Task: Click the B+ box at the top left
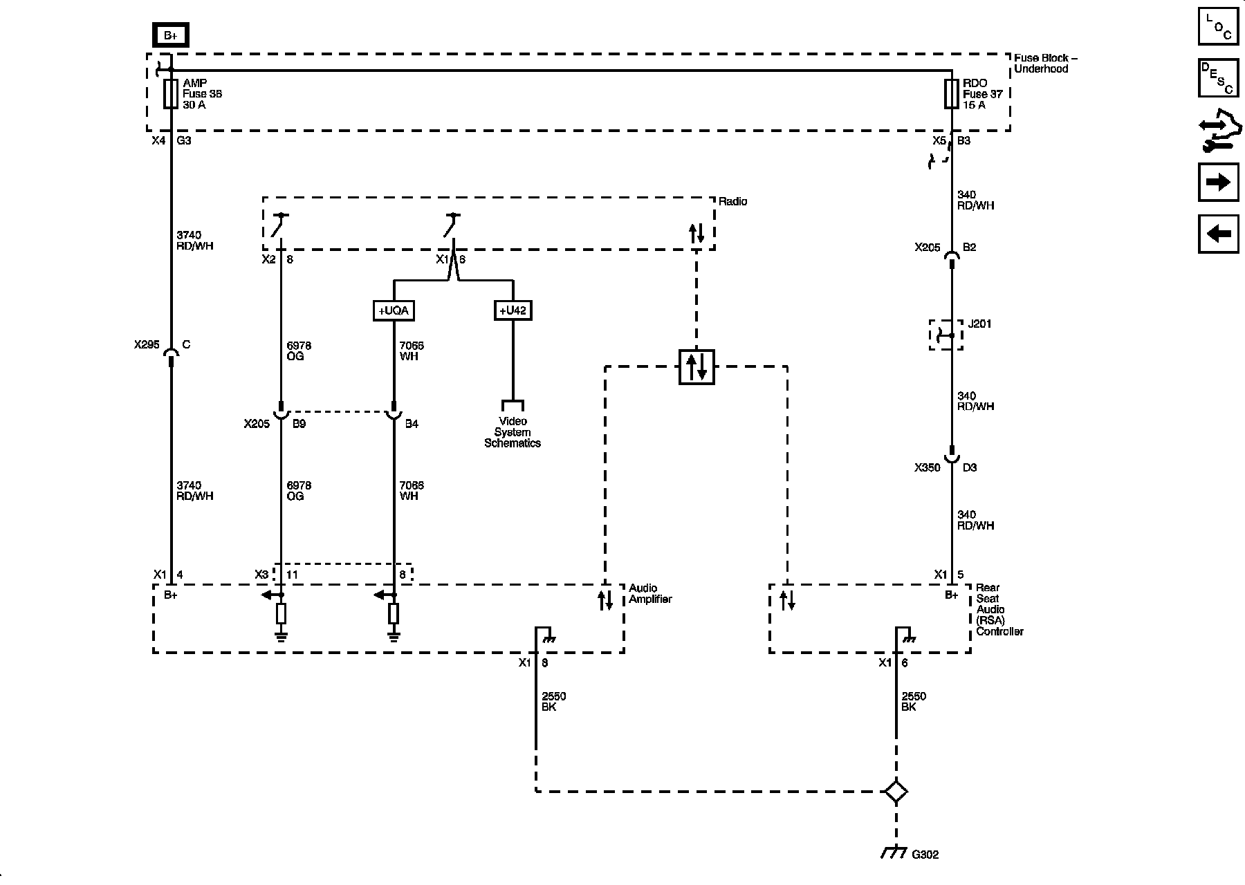click(x=171, y=35)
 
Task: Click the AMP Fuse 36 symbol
click(x=170, y=94)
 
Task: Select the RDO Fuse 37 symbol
click(x=952, y=94)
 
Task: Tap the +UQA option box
click(x=394, y=310)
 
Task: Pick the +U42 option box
click(x=513, y=310)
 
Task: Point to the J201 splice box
click(x=946, y=335)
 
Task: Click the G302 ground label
click(x=925, y=855)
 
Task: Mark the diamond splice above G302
click(x=896, y=792)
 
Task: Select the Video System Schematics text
click(x=513, y=432)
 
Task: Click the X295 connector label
click(x=147, y=344)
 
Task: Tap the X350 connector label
click(x=928, y=467)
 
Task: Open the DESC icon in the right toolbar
click(x=1218, y=78)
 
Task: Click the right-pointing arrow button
click(x=1218, y=182)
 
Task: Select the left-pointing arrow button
click(x=1218, y=234)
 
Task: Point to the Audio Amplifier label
click(x=650, y=594)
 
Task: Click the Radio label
click(x=733, y=202)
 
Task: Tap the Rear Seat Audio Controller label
click(x=999, y=610)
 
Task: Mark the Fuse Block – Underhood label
click(x=1045, y=64)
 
